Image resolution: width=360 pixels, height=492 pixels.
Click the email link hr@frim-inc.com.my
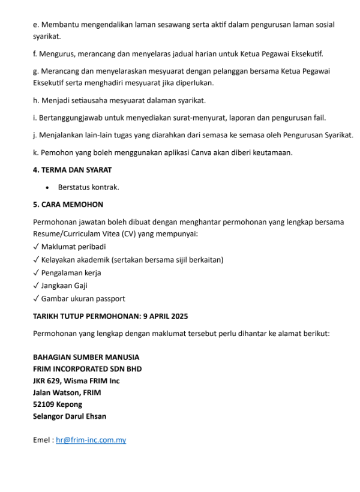(91, 440)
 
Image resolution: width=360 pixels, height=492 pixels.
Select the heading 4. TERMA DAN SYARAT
(72, 170)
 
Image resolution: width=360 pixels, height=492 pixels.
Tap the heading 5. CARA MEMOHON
(68, 204)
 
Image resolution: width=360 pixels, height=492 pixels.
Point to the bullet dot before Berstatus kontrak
(47, 187)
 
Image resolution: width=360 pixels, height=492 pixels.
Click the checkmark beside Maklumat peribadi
(36, 247)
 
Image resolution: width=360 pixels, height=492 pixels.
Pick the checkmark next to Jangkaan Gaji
(36, 286)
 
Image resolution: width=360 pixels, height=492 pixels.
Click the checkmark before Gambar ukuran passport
(36, 299)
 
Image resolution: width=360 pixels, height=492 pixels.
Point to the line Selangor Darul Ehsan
(70, 416)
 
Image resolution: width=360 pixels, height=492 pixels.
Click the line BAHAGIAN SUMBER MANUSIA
(86, 357)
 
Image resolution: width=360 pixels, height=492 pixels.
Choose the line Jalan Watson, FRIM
(67, 392)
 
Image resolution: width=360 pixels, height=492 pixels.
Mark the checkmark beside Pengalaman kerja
(36, 272)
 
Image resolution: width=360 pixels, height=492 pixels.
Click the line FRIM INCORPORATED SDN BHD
(87, 368)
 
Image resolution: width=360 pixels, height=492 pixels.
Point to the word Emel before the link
(42, 440)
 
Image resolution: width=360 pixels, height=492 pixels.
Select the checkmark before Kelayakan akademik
(36, 260)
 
